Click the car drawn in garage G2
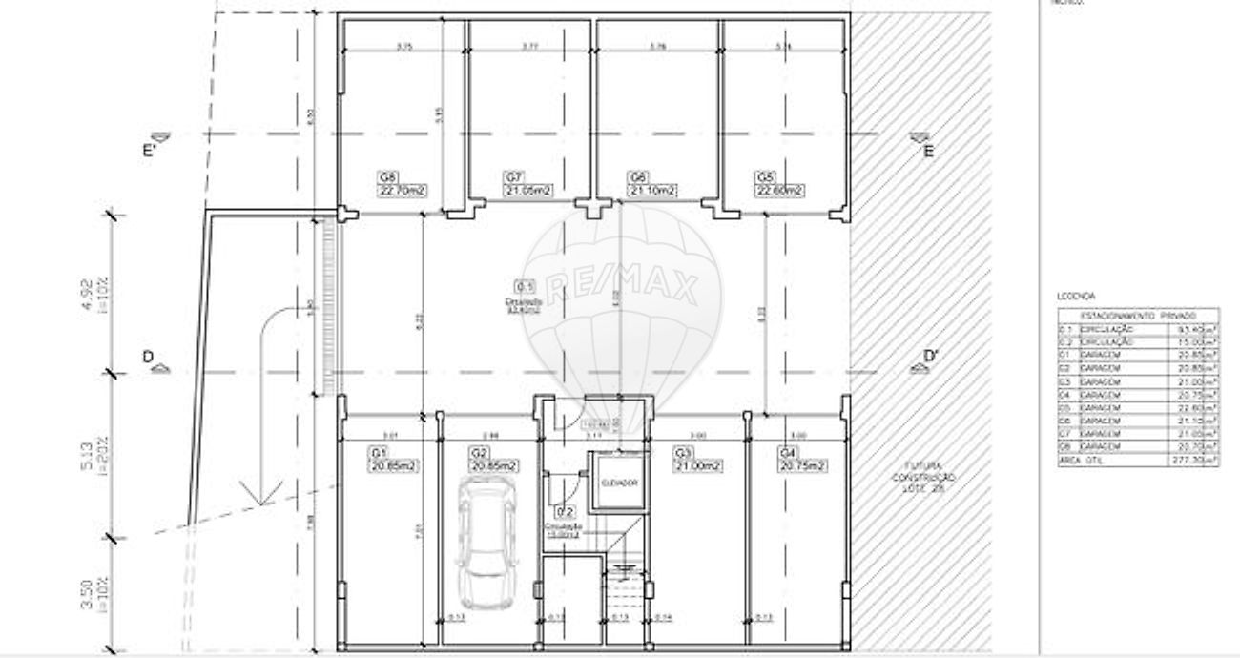[486, 543]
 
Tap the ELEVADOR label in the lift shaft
[618, 482]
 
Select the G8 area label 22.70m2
[402, 191]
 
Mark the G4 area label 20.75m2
[801, 465]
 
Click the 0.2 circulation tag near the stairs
[565, 512]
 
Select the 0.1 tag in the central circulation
[525, 285]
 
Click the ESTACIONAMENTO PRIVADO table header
[1137, 315]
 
